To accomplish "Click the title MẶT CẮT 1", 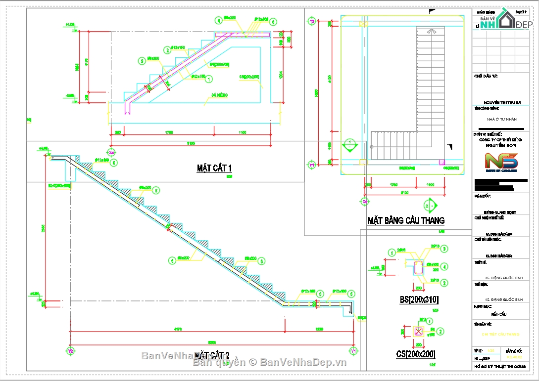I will (214, 169).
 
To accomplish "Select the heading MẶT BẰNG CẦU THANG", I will (406, 220).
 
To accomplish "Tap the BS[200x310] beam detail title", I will (419, 300).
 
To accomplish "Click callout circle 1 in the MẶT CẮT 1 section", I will (209, 79).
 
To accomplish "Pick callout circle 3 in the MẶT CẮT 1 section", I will (142, 61).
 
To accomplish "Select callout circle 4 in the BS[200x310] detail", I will (445, 266).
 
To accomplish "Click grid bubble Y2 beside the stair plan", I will (312, 22).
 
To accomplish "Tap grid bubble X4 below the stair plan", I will (365, 202).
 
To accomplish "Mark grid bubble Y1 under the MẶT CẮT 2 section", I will (354, 351).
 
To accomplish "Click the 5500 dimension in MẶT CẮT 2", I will (211, 342).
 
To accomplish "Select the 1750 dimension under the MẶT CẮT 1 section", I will (168, 132).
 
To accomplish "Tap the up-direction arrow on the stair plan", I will (430, 31).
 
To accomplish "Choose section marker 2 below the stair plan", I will (429, 205).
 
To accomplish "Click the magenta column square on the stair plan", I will (441, 161).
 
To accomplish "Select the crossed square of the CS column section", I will (419, 332).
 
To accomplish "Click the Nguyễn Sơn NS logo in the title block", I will (501, 162).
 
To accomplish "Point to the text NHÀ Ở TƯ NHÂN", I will (501, 119).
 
